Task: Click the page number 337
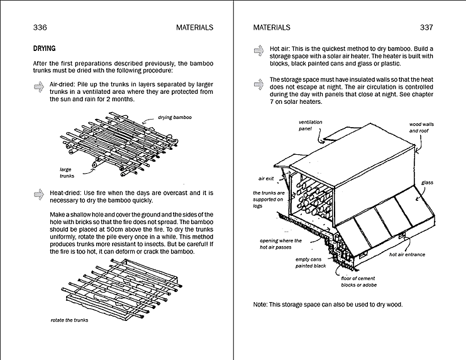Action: pyautogui.click(x=426, y=27)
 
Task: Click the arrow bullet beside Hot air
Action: pyautogui.click(x=258, y=50)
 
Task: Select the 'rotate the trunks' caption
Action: pyautogui.click(x=70, y=320)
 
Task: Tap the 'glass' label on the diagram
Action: pyautogui.click(x=427, y=183)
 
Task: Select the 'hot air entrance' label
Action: pyautogui.click(x=407, y=255)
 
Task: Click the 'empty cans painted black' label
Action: pyautogui.click(x=311, y=262)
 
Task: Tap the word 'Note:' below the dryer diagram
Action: pyautogui.click(x=261, y=305)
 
